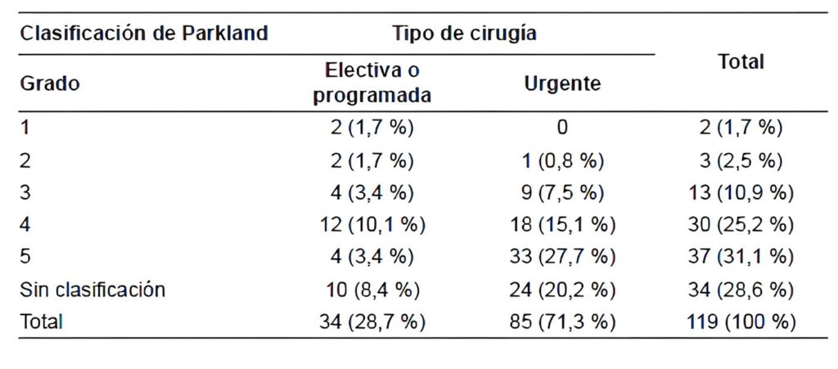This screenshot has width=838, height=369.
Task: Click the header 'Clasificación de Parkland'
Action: click(x=143, y=34)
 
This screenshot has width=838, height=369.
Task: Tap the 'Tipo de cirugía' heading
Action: click(x=464, y=34)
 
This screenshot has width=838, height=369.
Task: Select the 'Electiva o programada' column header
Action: click(x=372, y=83)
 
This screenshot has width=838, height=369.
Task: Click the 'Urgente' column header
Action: click(x=561, y=83)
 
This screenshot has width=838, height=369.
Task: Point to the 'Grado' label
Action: click(x=49, y=83)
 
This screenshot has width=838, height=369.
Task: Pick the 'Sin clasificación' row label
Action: click(x=92, y=290)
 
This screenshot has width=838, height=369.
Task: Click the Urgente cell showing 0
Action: click(x=561, y=128)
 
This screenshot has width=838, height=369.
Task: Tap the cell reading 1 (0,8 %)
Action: click(x=561, y=160)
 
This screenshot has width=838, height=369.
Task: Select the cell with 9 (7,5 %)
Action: click(x=561, y=192)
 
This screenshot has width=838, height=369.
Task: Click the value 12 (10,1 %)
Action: click(x=372, y=225)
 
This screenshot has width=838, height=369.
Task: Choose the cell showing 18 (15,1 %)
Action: click(x=561, y=225)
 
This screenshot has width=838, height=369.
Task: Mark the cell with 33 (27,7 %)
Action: click(x=561, y=257)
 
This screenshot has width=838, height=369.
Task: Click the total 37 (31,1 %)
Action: click(x=741, y=257)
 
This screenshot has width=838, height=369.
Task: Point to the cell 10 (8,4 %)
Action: click(x=372, y=290)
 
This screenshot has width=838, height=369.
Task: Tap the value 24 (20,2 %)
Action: click(x=561, y=290)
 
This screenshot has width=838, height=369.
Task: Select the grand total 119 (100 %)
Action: click(x=741, y=322)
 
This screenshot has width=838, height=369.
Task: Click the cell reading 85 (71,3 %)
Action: click(x=561, y=322)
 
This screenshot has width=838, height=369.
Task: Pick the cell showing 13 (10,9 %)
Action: click(x=741, y=192)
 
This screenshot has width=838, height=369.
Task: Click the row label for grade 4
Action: click(x=25, y=225)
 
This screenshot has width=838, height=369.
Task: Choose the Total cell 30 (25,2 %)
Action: click(x=741, y=225)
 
